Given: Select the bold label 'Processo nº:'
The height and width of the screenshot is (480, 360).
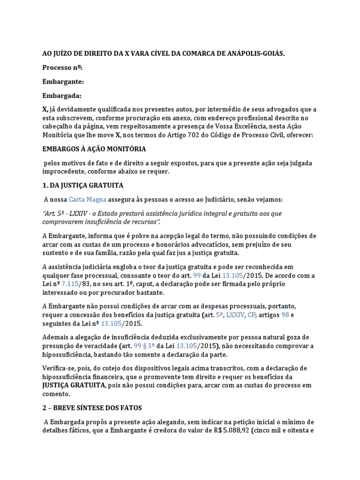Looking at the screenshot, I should (62, 68).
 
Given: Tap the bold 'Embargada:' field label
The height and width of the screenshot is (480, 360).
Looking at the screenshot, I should (62, 96).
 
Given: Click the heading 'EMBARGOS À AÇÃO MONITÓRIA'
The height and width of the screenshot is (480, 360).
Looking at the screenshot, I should (94, 149).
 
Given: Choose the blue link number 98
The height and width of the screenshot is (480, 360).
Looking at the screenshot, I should (285, 315).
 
